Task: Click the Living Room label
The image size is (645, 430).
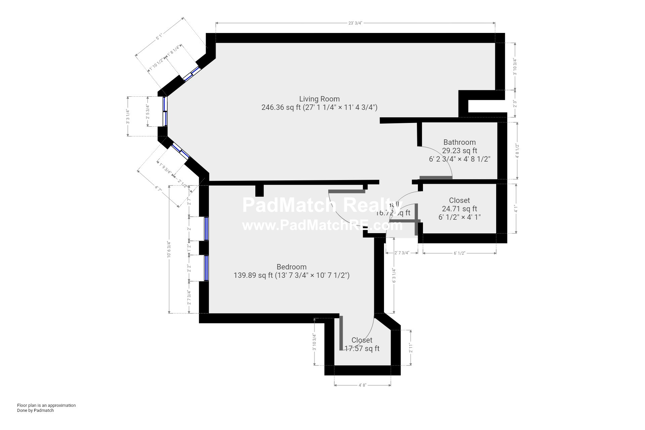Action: [319, 99]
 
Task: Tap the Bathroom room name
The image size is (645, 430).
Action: [459, 142]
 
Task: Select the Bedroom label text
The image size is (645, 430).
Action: [291, 267]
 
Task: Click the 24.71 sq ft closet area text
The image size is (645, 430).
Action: [459, 209]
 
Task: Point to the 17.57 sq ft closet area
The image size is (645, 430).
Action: [362, 349]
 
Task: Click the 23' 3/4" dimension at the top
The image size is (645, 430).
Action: [355, 23]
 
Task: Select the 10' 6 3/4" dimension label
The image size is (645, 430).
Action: [169, 249]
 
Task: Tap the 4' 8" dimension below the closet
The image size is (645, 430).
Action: [362, 385]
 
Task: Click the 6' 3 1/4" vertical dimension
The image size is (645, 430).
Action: [394, 275]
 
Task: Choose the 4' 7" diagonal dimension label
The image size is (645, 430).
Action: [158, 189]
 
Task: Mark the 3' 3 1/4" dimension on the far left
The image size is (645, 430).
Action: [128, 116]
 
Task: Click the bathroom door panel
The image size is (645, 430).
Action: [436, 178]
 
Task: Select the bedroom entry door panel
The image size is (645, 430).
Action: [347, 191]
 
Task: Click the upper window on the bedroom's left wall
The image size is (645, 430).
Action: [206, 228]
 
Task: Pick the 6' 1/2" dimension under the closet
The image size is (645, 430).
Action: [459, 253]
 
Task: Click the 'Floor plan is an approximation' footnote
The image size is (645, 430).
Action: [46, 405]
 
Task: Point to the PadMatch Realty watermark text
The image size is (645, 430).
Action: [321, 205]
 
